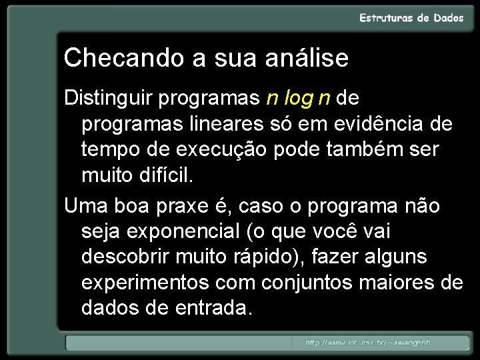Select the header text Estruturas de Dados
[x=411, y=18]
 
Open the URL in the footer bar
[x=368, y=343]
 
